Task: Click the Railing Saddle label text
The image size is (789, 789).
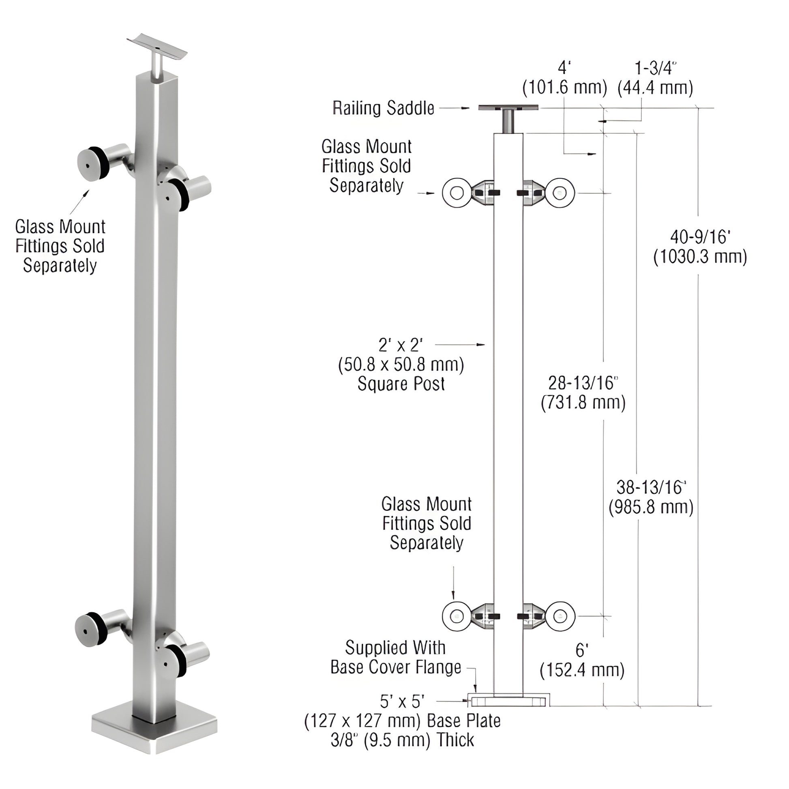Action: click(383, 108)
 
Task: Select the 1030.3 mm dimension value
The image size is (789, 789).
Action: click(699, 257)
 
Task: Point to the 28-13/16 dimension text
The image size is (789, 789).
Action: click(583, 383)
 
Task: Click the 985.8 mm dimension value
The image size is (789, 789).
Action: click(651, 507)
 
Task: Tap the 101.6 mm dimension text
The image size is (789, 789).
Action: click(564, 88)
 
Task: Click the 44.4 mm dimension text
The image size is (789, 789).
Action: click(655, 88)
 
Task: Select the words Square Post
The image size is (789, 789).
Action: click(401, 384)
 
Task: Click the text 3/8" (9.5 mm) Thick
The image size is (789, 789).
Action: click(402, 740)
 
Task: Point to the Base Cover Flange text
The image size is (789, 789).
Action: click(395, 667)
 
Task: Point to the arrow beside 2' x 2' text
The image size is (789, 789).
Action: click(460, 345)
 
